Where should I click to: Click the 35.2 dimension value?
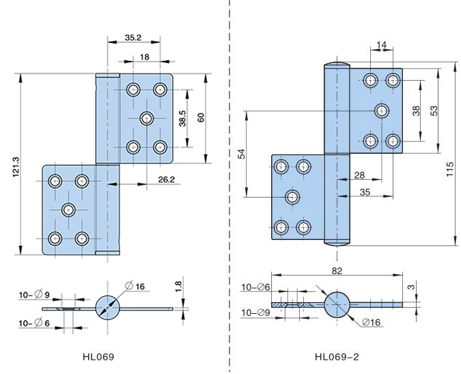(134, 38)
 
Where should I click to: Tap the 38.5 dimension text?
(180, 119)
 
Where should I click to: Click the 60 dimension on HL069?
(201, 118)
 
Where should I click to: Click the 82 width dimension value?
(337, 271)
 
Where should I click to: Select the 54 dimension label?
(240, 153)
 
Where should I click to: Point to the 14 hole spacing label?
(381, 46)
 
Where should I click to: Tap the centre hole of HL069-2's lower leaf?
(292, 198)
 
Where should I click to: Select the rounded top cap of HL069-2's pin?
(336, 66)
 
